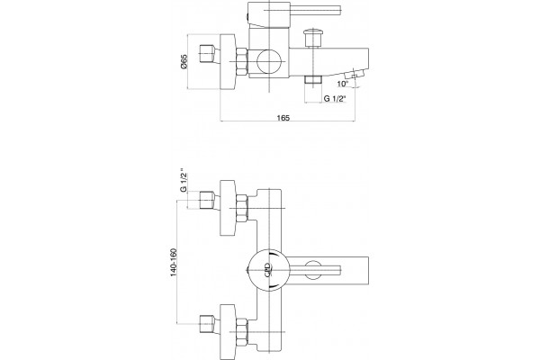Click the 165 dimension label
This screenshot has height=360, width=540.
pyautogui.click(x=283, y=118)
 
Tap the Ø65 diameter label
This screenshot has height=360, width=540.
pyautogui.click(x=184, y=62)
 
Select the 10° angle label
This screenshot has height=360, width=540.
pyautogui.click(x=343, y=84)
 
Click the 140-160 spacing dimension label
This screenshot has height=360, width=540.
pyautogui.click(x=173, y=262)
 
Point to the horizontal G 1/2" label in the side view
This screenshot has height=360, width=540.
pyautogui.click(x=335, y=99)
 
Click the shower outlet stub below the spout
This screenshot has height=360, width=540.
pyautogui.click(x=312, y=80)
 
